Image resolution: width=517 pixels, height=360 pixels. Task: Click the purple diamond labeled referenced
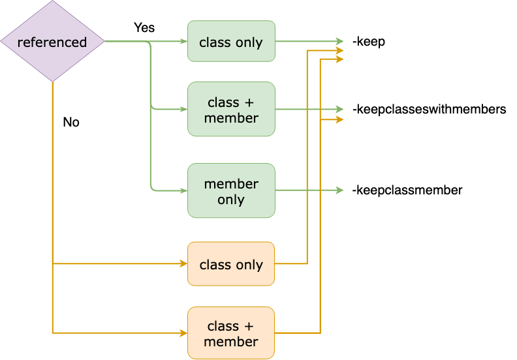tap(52, 42)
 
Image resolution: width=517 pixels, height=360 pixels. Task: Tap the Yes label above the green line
tap(144, 28)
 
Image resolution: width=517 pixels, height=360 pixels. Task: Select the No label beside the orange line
tap(71, 122)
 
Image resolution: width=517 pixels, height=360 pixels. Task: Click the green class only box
tap(231, 42)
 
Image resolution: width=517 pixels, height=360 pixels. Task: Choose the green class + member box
tap(231, 109)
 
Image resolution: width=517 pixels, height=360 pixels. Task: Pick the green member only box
tap(231, 190)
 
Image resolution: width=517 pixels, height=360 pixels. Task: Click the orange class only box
tap(231, 264)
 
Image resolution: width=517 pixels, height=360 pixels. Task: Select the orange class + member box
tap(231, 333)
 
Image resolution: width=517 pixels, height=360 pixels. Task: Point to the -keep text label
tap(368, 42)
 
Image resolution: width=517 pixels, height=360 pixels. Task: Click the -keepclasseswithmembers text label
tap(429, 109)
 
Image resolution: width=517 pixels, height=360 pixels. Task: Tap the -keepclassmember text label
tap(407, 190)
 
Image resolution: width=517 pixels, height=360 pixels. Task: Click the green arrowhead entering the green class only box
tap(183, 42)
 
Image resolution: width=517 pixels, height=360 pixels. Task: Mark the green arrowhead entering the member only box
tap(183, 190)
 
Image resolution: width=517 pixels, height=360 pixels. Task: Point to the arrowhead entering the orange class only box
tap(183, 264)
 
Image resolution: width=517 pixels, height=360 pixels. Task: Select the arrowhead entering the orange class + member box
tap(183, 333)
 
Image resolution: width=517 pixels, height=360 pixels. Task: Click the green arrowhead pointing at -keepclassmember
tap(339, 190)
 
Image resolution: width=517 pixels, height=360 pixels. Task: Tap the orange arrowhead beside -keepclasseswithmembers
tap(339, 120)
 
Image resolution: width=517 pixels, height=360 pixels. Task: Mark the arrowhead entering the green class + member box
tap(183, 109)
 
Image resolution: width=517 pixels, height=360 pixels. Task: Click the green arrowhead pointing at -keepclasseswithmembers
tap(339, 109)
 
